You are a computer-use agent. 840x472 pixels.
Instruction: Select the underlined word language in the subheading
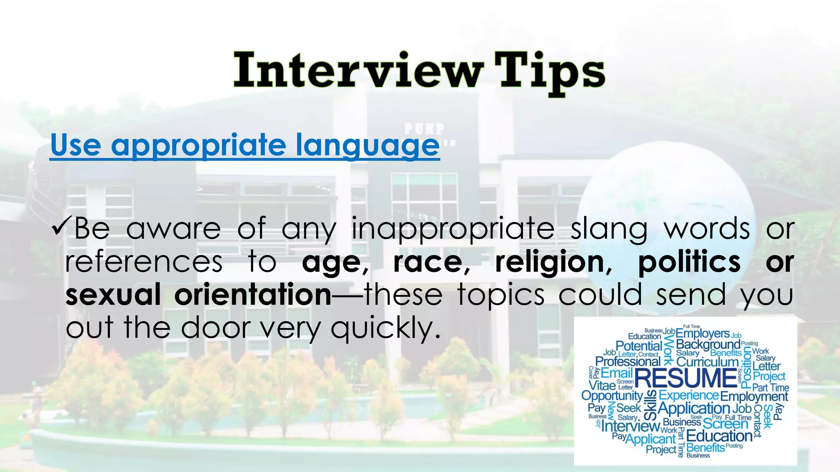tap(367, 145)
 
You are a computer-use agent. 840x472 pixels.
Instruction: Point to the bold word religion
tap(550, 262)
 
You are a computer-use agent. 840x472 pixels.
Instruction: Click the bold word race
tap(427, 262)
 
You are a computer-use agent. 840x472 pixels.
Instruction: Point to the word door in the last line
tap(216, 328)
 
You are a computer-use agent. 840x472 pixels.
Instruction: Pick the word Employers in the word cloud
tap(703, 333)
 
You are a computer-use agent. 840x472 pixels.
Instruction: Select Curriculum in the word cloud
tap(707, 362)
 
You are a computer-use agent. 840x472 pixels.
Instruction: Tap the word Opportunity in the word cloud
tap(612, 396)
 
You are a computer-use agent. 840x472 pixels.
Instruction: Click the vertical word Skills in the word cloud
tap(651, 405)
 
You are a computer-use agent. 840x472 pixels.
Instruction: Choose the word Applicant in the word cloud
tap(650, 439)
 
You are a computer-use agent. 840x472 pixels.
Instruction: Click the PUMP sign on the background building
tap(424, 129)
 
